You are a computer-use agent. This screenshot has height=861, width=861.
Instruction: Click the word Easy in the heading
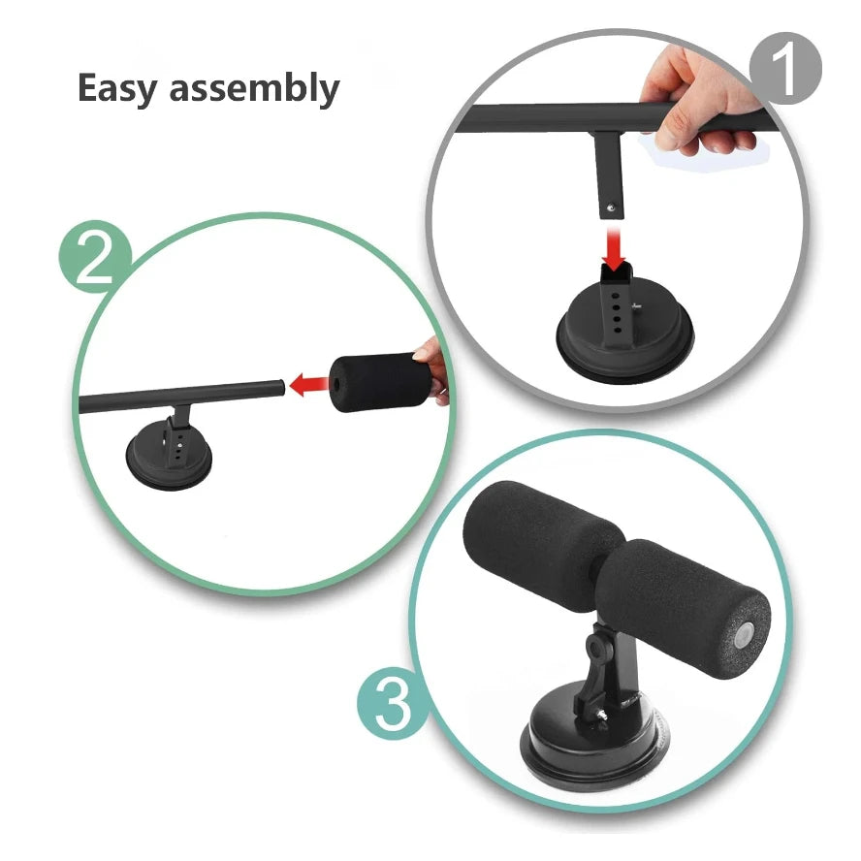click(x=118, y=88)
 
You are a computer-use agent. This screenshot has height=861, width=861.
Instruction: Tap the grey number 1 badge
click(x=784, y=69)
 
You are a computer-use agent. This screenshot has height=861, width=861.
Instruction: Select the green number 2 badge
click(x=96, y=255)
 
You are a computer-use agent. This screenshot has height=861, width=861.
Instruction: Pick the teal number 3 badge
click(x=393, y=704)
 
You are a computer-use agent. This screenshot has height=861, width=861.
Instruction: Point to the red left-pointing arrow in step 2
click(x=308, y=386)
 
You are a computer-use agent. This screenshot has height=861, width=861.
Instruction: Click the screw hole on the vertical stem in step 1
click(x=611, y=205)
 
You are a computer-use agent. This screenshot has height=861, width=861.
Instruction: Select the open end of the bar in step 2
click(x=282, y=387)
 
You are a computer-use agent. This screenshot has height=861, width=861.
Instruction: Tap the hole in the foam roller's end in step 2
click(x=336, y=382)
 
